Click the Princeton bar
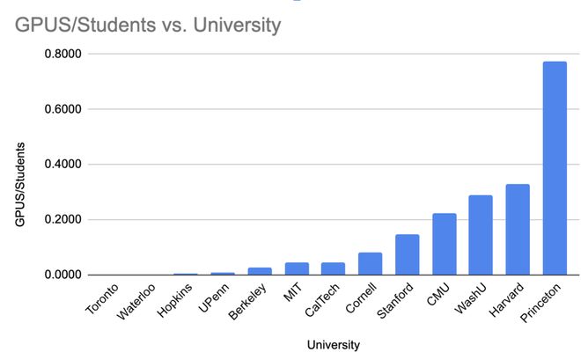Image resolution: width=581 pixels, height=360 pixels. click(x=555, y=168)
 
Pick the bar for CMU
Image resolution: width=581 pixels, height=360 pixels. click(x=444, y=244)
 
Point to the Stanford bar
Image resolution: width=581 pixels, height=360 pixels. click(x=408, y=254)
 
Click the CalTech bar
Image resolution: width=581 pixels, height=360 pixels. click(x=334, y=268)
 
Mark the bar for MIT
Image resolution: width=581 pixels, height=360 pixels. click(x=297, y=268)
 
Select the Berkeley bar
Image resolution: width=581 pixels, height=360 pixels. click(x=260, y=271)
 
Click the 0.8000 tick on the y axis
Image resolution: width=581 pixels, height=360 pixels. click(x=62, y=55)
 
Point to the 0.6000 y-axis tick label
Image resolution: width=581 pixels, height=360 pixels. click(x=62, y=110)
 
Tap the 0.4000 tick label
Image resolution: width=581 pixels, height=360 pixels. click(x=62, y=165)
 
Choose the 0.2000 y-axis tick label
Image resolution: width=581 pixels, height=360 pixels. click(x=62, y=220)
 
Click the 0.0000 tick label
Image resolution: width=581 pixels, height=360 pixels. click(x=62, y=275)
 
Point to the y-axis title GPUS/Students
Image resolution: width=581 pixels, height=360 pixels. click(x=20, y=186)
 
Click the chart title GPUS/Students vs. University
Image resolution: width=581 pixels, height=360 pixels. click(x=148, y=26)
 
